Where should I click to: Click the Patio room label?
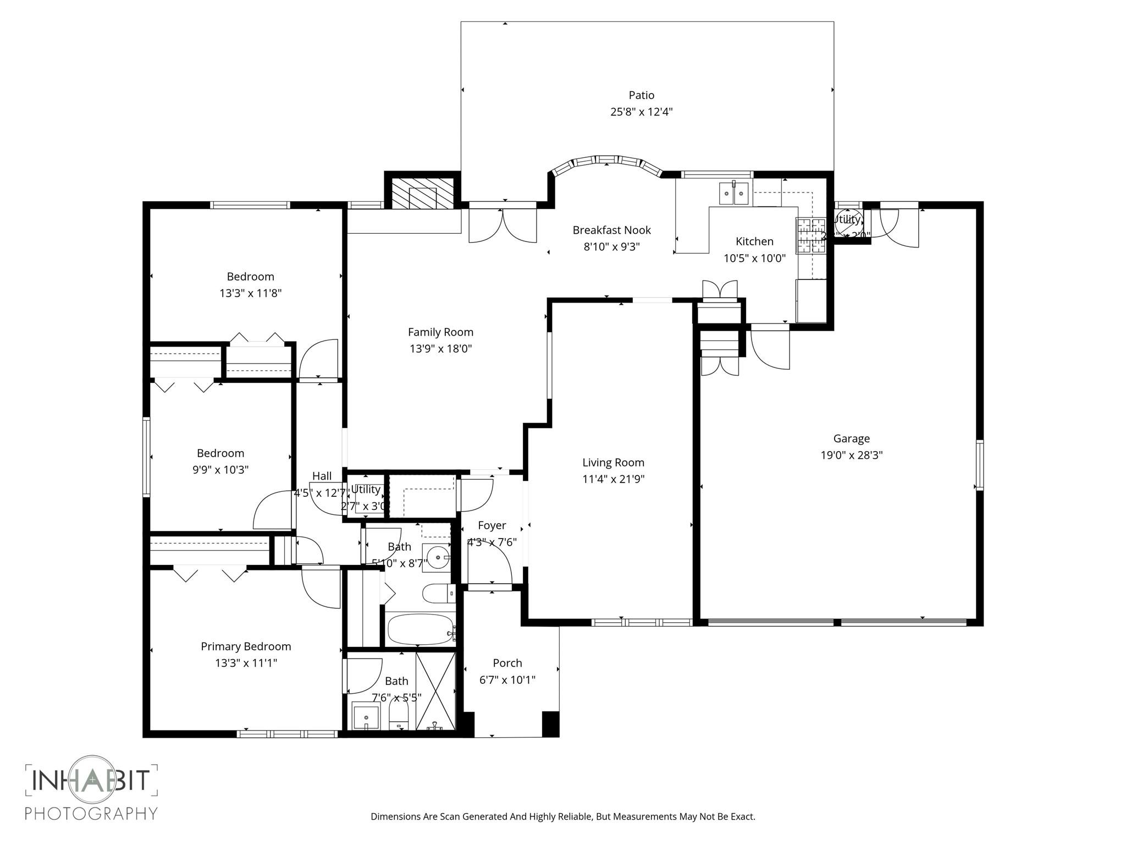[641, 95]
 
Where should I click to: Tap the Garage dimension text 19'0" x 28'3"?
[851, 455]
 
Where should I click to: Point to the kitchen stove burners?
[811, 236]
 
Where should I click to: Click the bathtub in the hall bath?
[420, 629]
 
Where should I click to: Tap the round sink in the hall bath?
[437, 558]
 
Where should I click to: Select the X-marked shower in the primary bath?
[435, 691]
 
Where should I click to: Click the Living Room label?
[613, 463]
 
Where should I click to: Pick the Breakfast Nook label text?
[611, 230]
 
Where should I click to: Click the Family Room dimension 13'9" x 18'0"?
[440, 348]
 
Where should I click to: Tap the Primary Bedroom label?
[246, 646]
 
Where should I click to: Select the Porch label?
[507, 663]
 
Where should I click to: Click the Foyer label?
[492, 525]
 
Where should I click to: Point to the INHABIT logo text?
[91, 780]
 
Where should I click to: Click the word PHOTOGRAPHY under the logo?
[91, 813]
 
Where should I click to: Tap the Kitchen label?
[754, 241]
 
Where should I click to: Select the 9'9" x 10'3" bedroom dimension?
[220, 470]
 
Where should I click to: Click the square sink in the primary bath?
[366, 717]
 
